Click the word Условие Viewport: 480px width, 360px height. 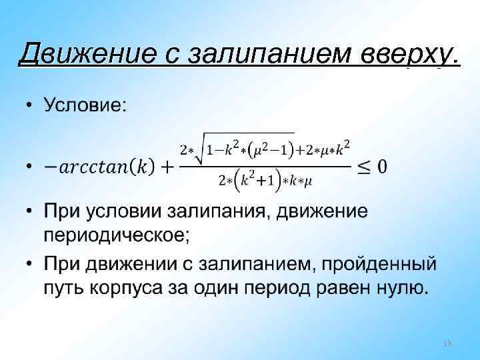coord(85,105)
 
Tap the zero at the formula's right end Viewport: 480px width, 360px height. coord(382,165)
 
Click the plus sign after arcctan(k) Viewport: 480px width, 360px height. coord(164,165)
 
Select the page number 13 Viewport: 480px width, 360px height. coord(447,343)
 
